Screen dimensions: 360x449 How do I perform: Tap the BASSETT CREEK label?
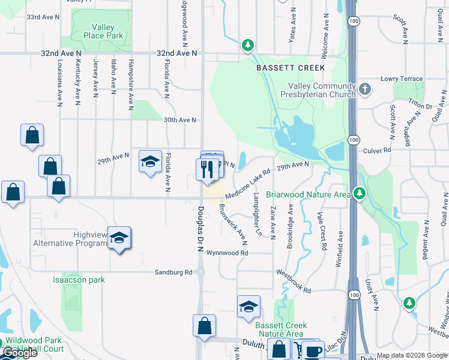(x=291, y=68)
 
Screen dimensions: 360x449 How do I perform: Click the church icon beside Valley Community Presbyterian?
(x=365, y=90)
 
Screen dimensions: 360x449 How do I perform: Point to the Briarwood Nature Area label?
(x=308, y=194)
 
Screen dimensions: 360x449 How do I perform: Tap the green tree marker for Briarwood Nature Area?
(x=359, y=193)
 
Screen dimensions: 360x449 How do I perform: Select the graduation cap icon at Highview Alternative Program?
(x=119, y=239)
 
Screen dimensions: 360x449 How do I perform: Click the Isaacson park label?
(x=79, y=280)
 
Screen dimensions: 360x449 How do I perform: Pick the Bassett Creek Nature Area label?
(x=281, y=329)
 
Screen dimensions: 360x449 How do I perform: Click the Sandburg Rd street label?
(x=173, y=272)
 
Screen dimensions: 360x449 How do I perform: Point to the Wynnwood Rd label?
(x=227, y=253)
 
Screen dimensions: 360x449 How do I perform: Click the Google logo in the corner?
(x=19, y=353)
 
